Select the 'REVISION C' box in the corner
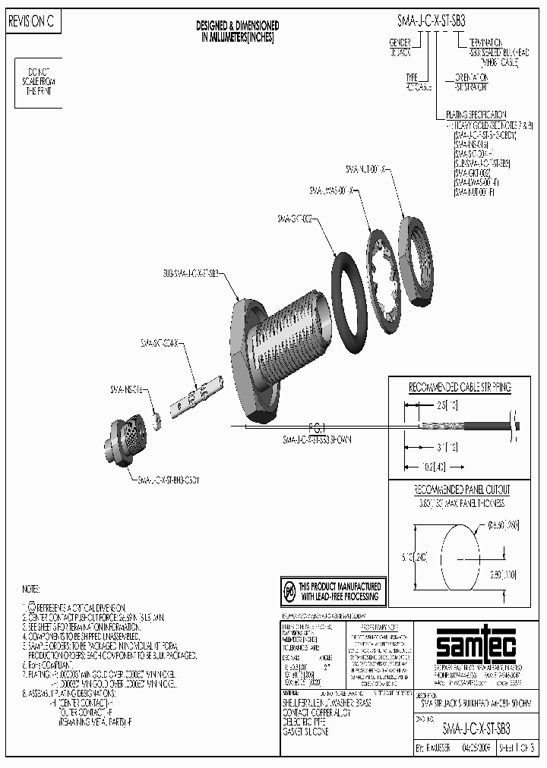pyautogui.click(x=31, y=23)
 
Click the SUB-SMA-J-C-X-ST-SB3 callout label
pyautogui.click(x=191, y=272)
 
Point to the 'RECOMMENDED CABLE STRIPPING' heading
pyautogui.click(x=460, y=387)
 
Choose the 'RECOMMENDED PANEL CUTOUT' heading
pyautogui.click(x=461, y=490)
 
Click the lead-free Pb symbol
pyautogui.click(x=289, y=590)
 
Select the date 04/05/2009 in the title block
pyautogui.click(x=474, y=748)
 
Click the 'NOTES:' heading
pyautogui.click(x=30, y=589)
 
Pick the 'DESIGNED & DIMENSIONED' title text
pyautogui.click(x=237, y=26)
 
